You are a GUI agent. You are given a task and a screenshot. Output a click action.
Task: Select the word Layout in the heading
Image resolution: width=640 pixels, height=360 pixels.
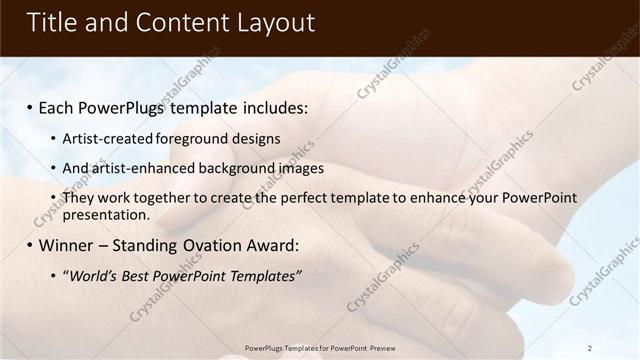[271, 23]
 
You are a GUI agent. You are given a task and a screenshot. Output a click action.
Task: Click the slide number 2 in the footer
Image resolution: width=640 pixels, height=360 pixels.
[590, 348]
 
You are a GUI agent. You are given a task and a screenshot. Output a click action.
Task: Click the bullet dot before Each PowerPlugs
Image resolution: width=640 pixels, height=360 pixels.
[30, 108]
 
